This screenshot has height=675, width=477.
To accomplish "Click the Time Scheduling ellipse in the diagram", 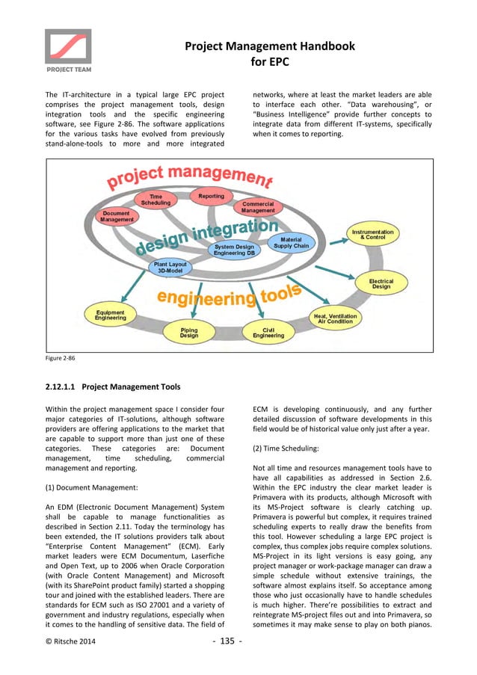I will coord(156,199).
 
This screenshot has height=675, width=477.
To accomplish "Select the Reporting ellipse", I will coord(212,197).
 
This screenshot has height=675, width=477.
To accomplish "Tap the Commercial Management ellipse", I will coord(258,207).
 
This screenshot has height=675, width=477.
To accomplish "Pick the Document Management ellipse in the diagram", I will coord(117,217).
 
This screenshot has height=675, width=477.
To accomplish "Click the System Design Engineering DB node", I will coord(234,250).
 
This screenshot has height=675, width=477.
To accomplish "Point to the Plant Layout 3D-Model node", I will coord(171,268).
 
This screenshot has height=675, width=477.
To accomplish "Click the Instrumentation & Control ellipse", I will coord(373,235).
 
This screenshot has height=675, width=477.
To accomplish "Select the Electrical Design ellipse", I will coord(381,283).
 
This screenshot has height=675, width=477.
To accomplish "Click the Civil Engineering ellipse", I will coord(268,333).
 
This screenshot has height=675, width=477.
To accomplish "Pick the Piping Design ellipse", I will coord(189,333).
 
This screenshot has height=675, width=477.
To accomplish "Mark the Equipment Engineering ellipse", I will coord(110,315).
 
